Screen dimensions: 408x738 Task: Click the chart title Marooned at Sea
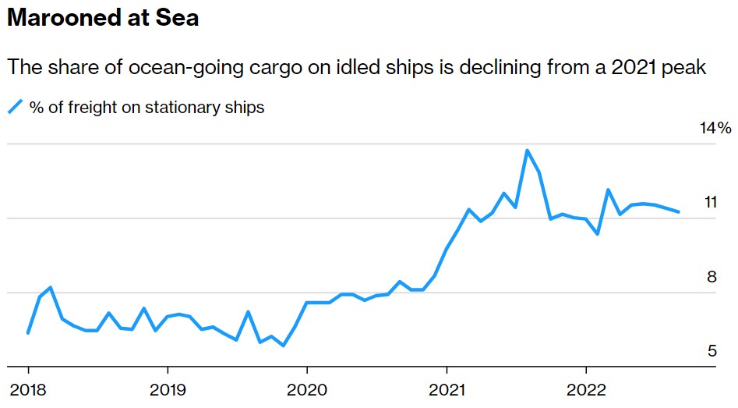pyautogui.click(x=103, y=19)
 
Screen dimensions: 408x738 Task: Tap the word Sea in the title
pyautogui.click(x=178, y=19)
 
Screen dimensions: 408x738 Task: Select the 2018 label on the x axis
pyautogui.click(x=28, y=390)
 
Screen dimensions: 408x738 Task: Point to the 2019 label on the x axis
pyautogui.click(x=168, y=390)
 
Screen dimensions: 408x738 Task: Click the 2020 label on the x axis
pyautogui.click(x=307, y=390)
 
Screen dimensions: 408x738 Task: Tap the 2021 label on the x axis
pyautogui.click(x=447, y=390)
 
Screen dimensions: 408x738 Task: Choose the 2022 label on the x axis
pyautogui.click(x=585, y=390)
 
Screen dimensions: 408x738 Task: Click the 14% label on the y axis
pyautogui.click(x=715, y=128)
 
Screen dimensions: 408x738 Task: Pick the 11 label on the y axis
pyautogui.click(x=710, y=203)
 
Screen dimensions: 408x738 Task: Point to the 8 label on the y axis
pyautogui.click(x=711, y=277)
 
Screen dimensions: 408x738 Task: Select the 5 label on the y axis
pyautogui.click(x=711, y=351)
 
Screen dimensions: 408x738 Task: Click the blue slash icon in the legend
pyautogui.click(x=16, y=108)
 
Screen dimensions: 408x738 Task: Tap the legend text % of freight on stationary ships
pyautogui.click(x=147, y=108)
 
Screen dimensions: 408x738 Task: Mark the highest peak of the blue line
pyautogui.click(x=528, y=151)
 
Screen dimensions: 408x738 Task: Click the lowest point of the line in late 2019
pyautogui.click(x=284, y=346)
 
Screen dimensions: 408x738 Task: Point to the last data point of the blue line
pyautogui.click(x=679, y=211)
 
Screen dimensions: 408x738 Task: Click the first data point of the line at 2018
pyautogui.click(x=28, y=333)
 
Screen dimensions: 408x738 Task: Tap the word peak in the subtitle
pyautogui.click(x=685, y=68)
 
